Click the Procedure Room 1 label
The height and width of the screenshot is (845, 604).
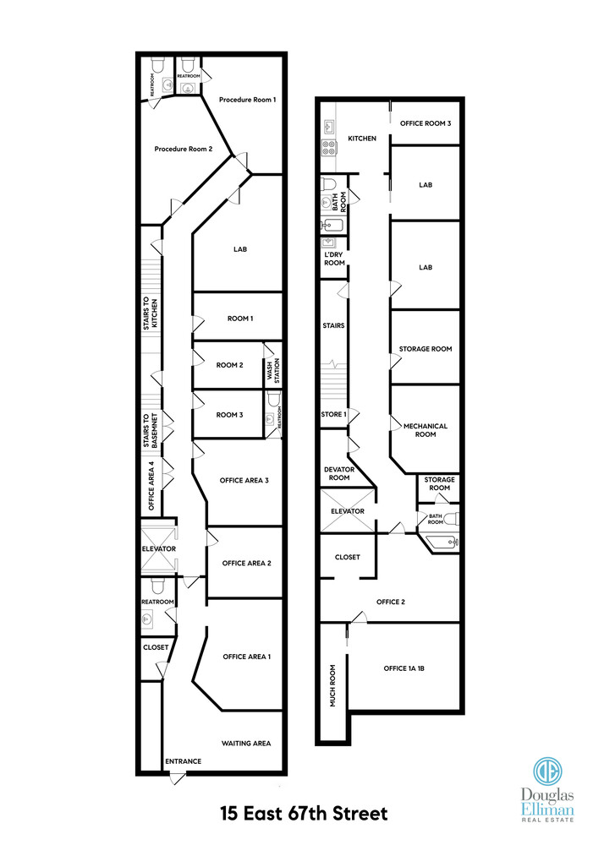point(247,100)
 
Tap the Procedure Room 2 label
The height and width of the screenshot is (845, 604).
point(183,149)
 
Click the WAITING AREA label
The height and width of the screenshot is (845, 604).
point(246,743)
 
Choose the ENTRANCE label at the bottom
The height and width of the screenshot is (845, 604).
point(183,761)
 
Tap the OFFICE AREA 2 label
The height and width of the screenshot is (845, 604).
point(246,563)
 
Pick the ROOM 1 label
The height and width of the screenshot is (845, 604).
point(240,319)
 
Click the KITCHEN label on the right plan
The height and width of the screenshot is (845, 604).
point(361,138)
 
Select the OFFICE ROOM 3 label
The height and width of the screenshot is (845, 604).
point(426,123)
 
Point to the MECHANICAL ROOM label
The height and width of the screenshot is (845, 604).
point(426,430)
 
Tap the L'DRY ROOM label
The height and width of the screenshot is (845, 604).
point(334,259)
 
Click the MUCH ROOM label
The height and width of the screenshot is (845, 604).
point(333,686)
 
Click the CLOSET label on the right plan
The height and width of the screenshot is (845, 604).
point(348,557)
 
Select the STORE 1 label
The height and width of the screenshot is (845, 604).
point(333,414)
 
